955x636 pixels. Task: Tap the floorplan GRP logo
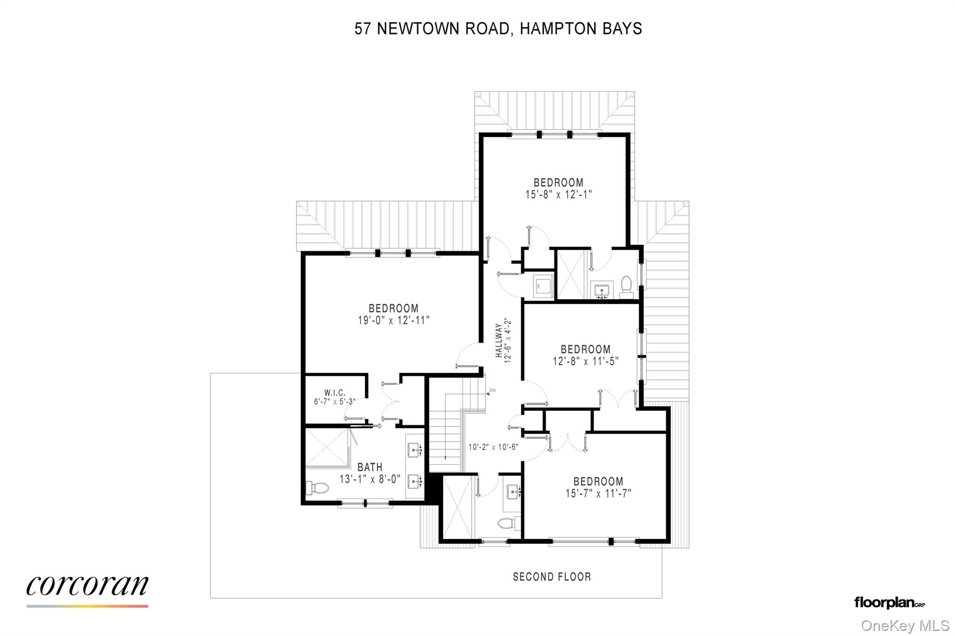coord(889,602)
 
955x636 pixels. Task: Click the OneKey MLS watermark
coord(905,625)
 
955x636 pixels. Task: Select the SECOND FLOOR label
coord(552,577)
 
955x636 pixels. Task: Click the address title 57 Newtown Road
coord(498,29)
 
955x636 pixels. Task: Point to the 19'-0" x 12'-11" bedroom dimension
coord(394,321)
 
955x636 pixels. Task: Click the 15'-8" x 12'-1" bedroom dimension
coord(558,194)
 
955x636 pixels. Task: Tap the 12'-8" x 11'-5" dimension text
coord(585,361)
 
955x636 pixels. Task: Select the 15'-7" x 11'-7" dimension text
coord(598,493)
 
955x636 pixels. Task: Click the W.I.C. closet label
coord(335,393)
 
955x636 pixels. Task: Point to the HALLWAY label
coord(498,341)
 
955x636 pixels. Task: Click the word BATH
coord(370,467)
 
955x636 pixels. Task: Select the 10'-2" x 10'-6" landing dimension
coord(493,447)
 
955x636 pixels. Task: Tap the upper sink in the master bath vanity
coord(413,450)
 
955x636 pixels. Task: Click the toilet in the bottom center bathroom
coord(508,522)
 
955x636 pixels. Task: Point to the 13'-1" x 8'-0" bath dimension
coord(370,479)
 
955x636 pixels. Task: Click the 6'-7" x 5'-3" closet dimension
coord(334,402)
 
